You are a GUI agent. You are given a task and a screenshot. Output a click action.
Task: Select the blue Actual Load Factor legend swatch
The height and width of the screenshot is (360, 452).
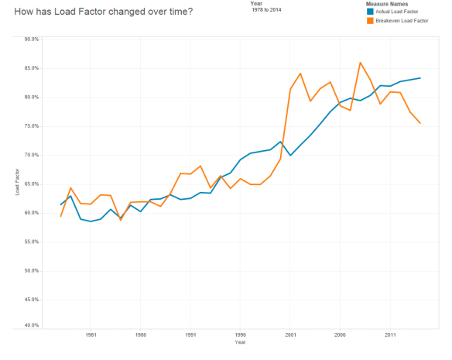(x=370, y=12)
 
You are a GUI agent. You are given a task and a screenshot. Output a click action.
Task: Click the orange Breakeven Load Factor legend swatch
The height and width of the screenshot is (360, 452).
(x=370, y=21)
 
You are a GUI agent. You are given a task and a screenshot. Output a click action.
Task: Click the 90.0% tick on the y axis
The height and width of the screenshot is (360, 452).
(x=32, y=39)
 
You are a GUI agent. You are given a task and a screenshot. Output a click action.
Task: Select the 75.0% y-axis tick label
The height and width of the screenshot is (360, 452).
(x=32, y=125)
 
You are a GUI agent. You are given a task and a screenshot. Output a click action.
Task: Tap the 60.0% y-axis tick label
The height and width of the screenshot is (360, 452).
(x=32, y=213)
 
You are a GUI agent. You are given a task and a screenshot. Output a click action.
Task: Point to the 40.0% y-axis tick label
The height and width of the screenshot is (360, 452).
(x=32, y=324)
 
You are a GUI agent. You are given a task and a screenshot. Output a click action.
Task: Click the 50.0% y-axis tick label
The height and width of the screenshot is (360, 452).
(x=32, y=271)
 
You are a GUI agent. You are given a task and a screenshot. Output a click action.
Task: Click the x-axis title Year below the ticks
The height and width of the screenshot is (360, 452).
(x=240, y=342)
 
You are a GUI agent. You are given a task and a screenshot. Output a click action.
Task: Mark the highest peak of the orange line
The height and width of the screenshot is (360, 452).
(x=360, y=63)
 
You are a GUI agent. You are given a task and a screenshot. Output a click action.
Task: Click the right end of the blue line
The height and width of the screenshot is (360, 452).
(x=420, y=77)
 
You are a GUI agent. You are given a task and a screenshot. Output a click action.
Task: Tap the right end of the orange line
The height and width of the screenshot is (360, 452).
(x=420, y=123)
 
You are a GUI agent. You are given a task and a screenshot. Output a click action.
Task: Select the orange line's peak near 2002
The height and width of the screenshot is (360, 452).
(x=300, y=74)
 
